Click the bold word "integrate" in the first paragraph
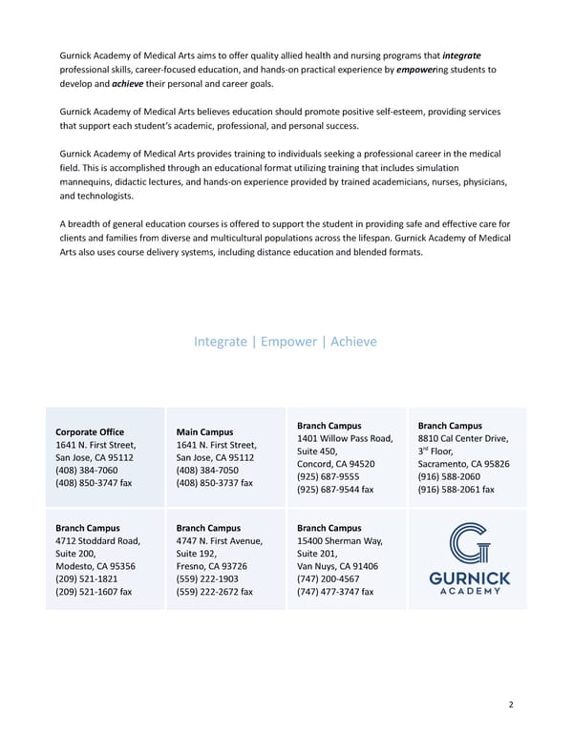point(463,55)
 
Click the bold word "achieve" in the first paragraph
point(127,84)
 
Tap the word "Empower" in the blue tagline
point(290,342)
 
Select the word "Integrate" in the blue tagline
point(220,342)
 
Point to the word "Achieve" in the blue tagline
point(353,342)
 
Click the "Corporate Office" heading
point(90,432)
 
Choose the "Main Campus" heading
point(205,432)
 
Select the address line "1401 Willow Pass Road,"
point(345,438)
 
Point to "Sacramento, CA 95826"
point(463,464)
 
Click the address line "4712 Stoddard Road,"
point(97,541)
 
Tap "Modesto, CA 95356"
point(95,566)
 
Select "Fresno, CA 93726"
point(212,566)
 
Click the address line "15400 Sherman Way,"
point(339,541)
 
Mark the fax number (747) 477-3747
point(335,592)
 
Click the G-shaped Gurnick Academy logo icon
point(467,543)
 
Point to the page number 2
point(511,705)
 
